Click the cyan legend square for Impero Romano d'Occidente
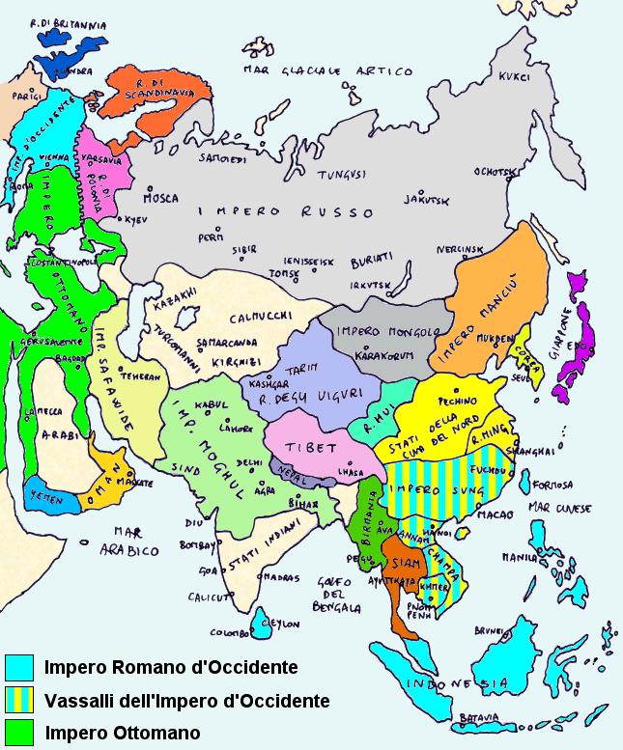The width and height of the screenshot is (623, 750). tap(19, 667)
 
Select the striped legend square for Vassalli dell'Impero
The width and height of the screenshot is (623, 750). tap(19, 700)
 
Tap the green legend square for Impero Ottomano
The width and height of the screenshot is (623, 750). tap(19, 732)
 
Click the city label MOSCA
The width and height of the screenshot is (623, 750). tap(160, 199)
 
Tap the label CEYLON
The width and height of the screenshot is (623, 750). tap(279, 622)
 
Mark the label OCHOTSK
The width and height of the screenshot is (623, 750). tap(493, 172)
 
